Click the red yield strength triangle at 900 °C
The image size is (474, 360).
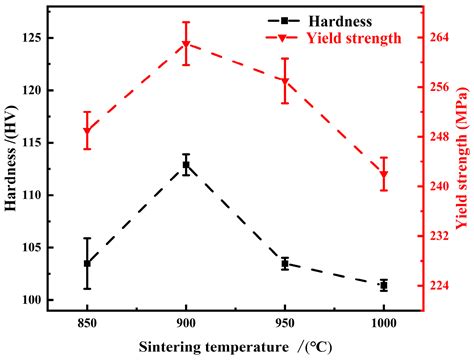tap(186, 44)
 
